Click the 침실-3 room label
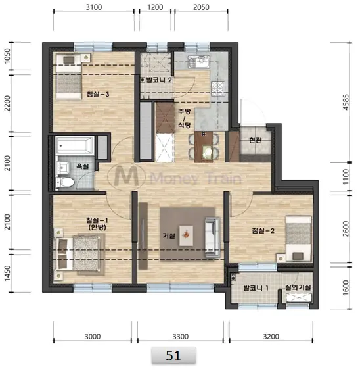[98, 95]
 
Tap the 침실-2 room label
[263, 230]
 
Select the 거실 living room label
[169, 235]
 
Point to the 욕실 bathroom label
[83, 166]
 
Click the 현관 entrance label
[256, 140]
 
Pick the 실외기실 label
[298, 287]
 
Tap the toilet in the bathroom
[66, 182]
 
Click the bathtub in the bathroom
[75, 145]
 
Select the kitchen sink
[198, 62]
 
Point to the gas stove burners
[217, 88]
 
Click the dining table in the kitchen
[204, 147]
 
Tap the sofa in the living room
[212, 237]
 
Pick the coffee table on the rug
[186, 235]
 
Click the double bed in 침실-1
[79, 254]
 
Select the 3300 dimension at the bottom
[181, 336]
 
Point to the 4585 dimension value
[346, 102]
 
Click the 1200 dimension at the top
[155, 7]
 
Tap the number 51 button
[173, 355]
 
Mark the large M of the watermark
[127, 176]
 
